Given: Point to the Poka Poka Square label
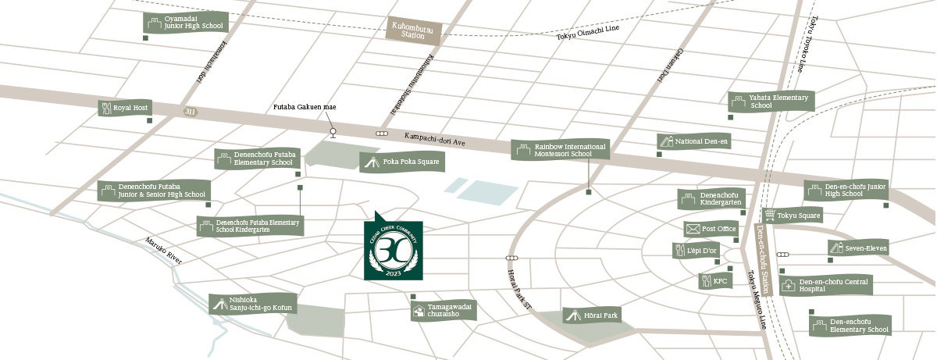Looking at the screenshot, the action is [x=402, y=163].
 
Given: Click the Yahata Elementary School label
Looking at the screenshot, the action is [x=771, y=102].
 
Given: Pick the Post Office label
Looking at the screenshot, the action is [x=711, y=229].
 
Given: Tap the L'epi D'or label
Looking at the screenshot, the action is [x=697, y=251].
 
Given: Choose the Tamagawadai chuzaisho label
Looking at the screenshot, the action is [x=443, y=311].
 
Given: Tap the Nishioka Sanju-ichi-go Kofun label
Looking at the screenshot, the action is [x=254, y=304].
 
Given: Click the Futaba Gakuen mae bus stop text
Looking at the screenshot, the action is [x=305, y=106].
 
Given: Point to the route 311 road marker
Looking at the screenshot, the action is [x=189, y=112].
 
